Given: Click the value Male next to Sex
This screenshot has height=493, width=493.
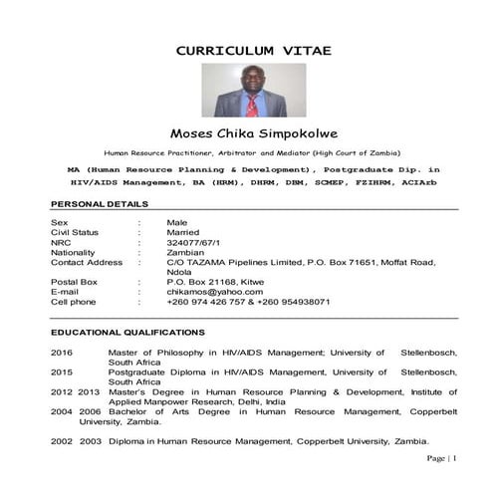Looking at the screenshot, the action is [177, 220].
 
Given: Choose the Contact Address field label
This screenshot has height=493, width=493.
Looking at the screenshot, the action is [87, 263].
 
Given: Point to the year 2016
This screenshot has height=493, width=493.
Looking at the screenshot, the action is [62, 353].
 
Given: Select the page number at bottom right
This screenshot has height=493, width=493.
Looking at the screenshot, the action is [441, 458].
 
